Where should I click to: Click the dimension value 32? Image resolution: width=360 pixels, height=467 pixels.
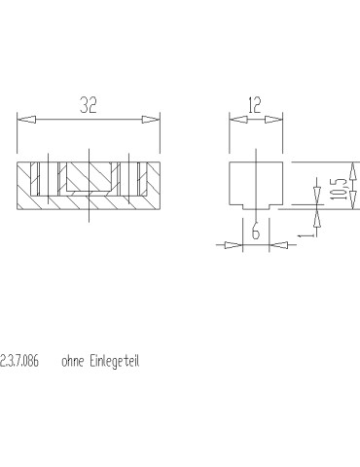click(x=89, y=107)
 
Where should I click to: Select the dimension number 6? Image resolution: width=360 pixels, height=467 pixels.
click(x=255, y=232)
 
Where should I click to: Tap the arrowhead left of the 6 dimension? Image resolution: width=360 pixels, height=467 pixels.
click(x=234, y=245)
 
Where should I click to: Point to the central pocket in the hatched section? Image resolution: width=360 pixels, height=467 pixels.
click(x=89, y=177)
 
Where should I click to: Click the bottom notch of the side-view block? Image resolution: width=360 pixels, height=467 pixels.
click(x=255, y=203)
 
